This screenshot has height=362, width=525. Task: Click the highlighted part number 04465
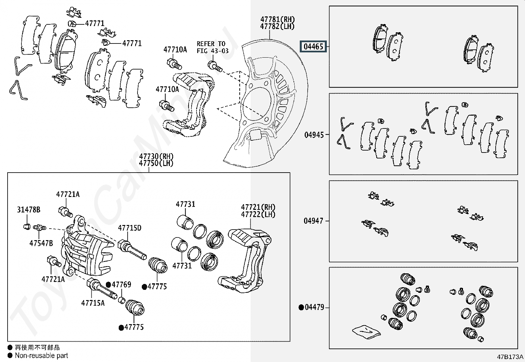pyautogui.click(x=313, y=46)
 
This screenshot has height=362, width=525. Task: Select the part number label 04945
pyautogui.click(x=314, y=135)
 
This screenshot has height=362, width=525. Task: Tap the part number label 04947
pyautogui.click(x=313, y=221)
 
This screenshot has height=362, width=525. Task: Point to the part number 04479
pyautogui.click(x=314, y=307)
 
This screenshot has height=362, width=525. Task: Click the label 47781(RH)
pyautogui.click(x=277, y=19)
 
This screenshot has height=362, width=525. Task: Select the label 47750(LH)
pyautogui.click(x=156, y=163)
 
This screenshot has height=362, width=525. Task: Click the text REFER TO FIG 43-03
pyautogui.click(x=212, y=47)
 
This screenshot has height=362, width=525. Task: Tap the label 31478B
pyautogui.click(x=29, y=209)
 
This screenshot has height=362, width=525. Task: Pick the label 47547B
pyautogui.click(x=41, y=243)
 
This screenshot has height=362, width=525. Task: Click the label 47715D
pyautogui.click(x=130, y=228)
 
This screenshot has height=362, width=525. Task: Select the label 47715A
pyautogui.click(x=93, y=303)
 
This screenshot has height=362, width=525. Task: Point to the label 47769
pyautogui.click(x=121, y=284)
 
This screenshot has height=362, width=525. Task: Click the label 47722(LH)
pyautogui.click(x=258, y=214)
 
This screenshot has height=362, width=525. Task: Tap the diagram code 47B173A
pyautogui.click(x=510, y=357)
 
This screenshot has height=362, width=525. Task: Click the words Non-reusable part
pyautogui.click(x=42, y=356)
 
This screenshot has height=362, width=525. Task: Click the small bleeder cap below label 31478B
pyautogui.click(x=27, y=226)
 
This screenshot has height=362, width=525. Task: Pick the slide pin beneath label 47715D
pyautogui.click(x=132, y=250)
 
